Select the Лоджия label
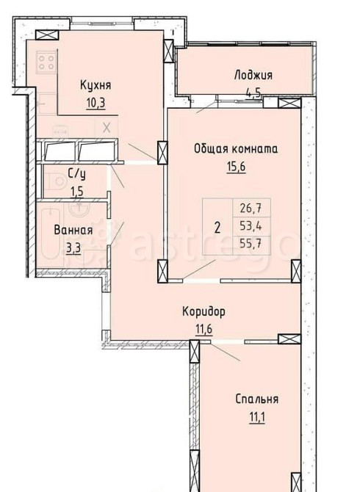[253, 75]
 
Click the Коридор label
[204, 311]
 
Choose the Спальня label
[256, 399]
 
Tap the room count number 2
[217, 225]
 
